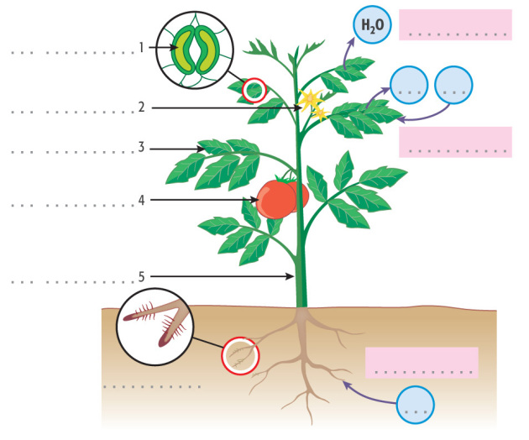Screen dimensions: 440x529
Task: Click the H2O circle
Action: (370, 26)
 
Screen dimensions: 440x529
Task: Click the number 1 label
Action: (143, 47)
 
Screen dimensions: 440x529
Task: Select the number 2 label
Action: (143, 107)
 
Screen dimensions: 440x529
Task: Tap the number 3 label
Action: (143, 148)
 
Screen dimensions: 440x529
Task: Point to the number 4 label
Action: (143, 200)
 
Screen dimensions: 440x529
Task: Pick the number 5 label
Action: (143, 275)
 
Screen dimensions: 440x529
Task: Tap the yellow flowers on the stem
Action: (312, 102)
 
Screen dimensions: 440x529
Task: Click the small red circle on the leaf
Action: (253, 89)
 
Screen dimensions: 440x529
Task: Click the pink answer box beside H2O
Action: (455, 24)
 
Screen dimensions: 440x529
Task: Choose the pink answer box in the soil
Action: (422, 362)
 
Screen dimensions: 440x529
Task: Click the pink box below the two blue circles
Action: (455, 141)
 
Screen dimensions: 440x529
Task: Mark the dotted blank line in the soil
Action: (151, 387)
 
